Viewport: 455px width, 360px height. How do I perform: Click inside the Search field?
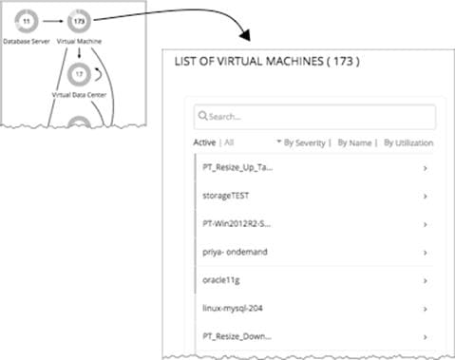(313, 117)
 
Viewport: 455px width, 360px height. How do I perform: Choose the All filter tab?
(231, 142)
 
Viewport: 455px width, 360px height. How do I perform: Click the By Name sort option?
(354, 142)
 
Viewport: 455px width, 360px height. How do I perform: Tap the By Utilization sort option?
(408, 142)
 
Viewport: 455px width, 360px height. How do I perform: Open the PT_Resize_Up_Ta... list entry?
(238, 167)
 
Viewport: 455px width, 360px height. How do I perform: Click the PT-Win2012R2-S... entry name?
(238, 224)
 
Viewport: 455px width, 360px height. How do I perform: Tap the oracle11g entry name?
(225, 281)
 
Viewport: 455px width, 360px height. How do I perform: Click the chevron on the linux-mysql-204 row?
(425, 310)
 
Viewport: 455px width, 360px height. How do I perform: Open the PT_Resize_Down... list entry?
(237, 335)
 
